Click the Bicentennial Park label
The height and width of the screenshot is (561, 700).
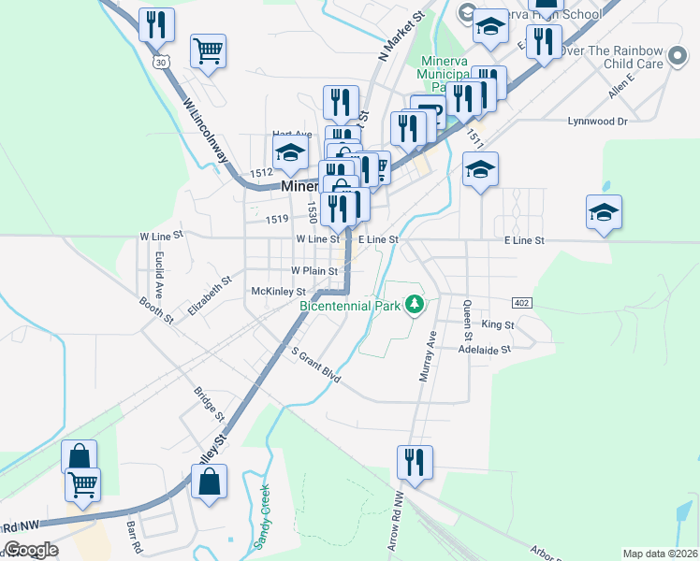coord(349,305)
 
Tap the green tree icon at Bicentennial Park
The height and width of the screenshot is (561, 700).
coord(414,305)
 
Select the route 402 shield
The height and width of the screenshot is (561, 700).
coord(522,303)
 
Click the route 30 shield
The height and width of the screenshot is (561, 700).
coord(163,63)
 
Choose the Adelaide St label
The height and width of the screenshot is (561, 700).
coord(484,349)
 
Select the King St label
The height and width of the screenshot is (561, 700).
coord(498,324)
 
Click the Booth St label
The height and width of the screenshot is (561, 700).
coord(156,309)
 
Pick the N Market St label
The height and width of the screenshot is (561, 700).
coord(401,36)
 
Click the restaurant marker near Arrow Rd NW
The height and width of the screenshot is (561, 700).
coord(414,462)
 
